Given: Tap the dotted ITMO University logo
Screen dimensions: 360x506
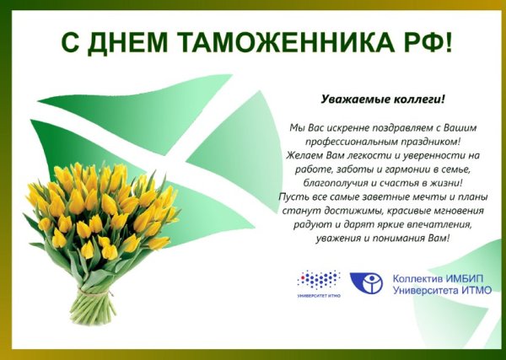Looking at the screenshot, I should [x=319, y=278].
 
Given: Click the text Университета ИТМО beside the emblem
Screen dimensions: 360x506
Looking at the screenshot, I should [x=442, y=291].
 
